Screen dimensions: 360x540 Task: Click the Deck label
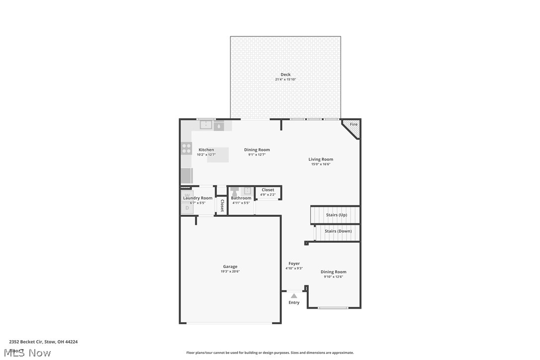click(x=285, y=75)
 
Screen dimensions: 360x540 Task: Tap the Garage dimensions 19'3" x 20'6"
click(x=230, y=271)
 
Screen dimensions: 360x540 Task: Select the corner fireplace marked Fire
click(x=353, y=128)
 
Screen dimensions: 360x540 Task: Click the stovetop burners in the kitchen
click(x=186, y=148)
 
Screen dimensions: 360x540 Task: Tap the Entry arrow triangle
click(x=294, y=296)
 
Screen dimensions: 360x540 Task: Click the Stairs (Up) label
click(x=336, y=215)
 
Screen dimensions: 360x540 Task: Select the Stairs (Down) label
click(x=338, y=231)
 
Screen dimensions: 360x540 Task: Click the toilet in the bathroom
click(x=235, y=191)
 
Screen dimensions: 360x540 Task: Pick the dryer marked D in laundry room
click(x=187, y=208)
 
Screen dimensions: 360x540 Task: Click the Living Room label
click(x=321, y=160)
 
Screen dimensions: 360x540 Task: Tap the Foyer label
click(x=294, y=264)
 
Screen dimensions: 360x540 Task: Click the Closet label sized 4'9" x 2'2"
click(x=268, y=190)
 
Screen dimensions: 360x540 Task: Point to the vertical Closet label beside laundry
click(x=222, y=206)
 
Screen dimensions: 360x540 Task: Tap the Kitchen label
click(x=206, y=150)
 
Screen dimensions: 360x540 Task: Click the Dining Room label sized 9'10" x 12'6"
click(x=333, y=272)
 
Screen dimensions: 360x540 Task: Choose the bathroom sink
click(x=247, y=191)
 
